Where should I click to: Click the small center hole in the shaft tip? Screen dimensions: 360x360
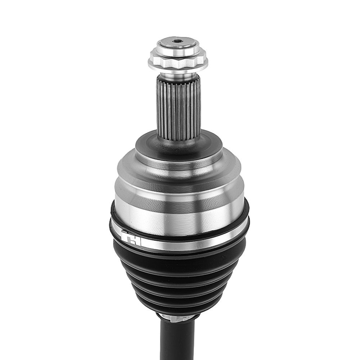click(x=177, y=41)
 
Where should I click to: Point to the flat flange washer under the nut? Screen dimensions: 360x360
click(x=177, y=69)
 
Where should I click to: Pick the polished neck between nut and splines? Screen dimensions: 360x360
click(x=177, y=76)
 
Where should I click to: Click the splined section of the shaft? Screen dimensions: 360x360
click(x=178, y=108)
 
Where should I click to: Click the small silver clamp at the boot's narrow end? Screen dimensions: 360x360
click(x=177, y=317)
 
